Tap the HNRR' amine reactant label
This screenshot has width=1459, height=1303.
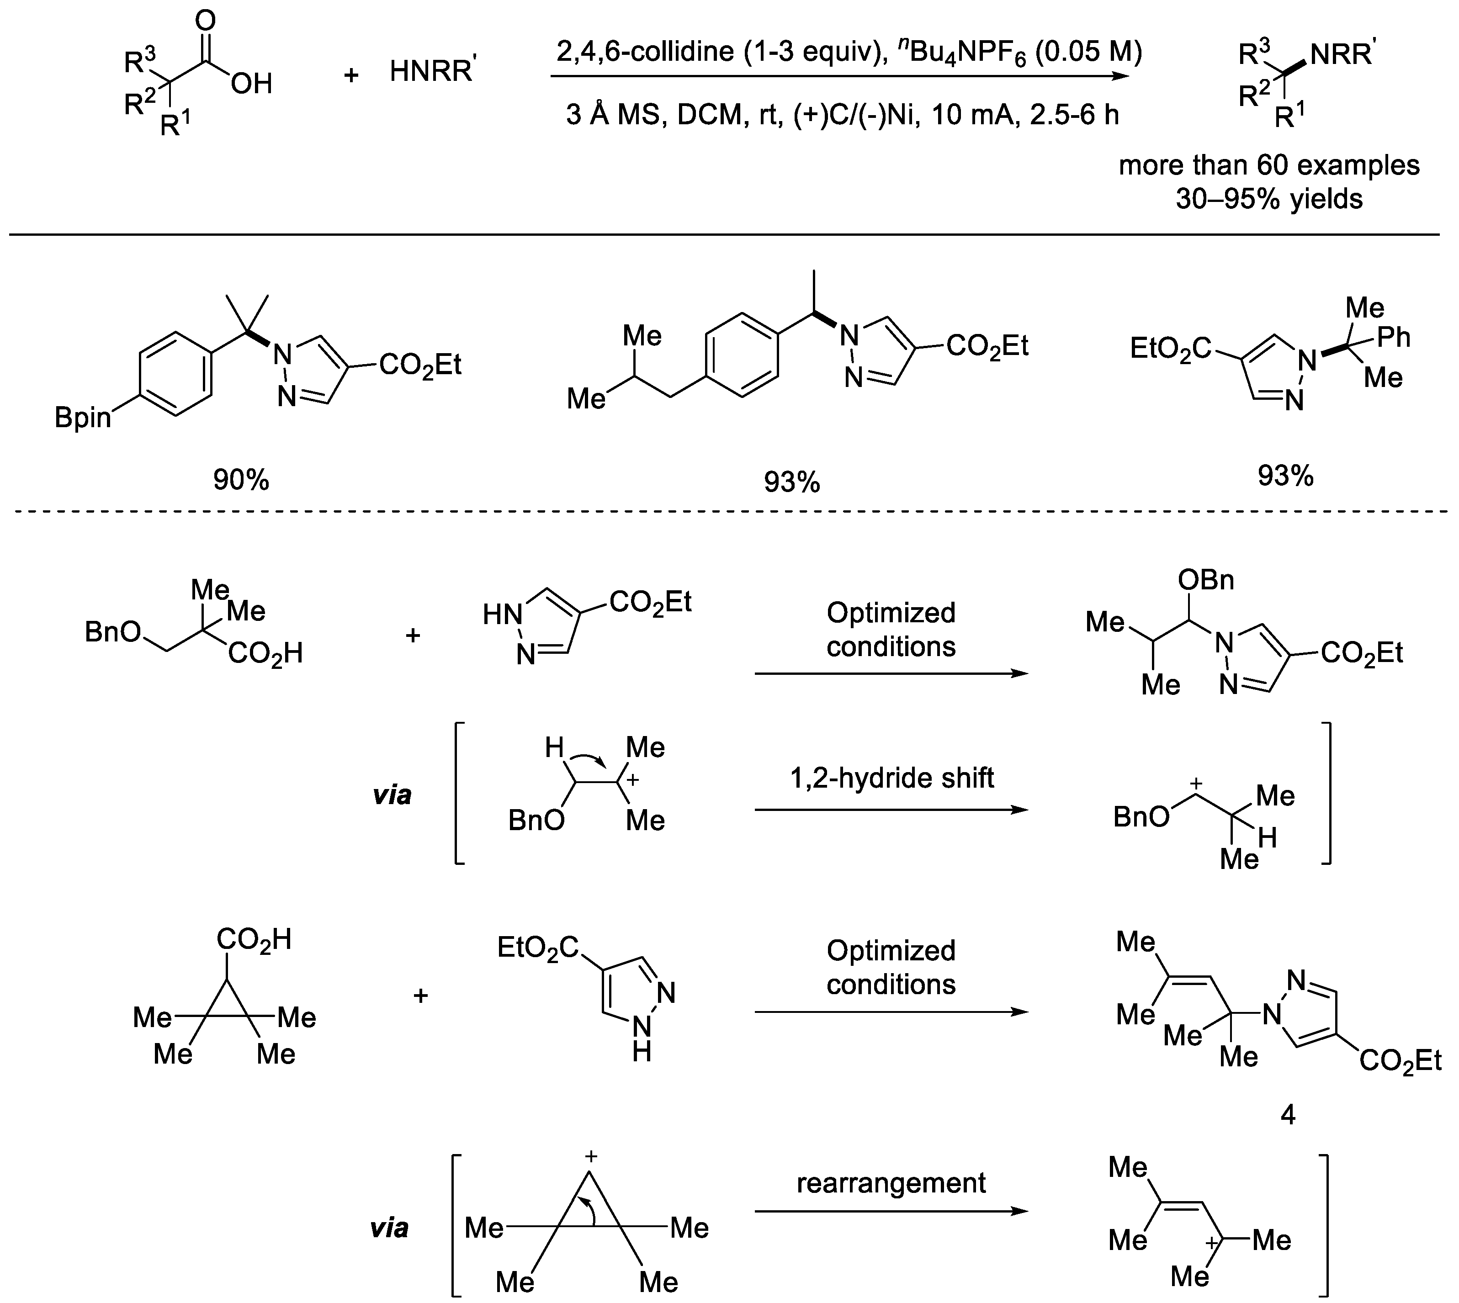click(432, 72)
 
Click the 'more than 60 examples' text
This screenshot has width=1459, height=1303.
click(1268, 165)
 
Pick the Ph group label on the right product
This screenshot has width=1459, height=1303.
click(1393, 337)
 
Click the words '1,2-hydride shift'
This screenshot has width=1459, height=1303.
click(891, 778)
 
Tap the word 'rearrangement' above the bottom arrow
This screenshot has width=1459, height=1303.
click(891, 1183)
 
